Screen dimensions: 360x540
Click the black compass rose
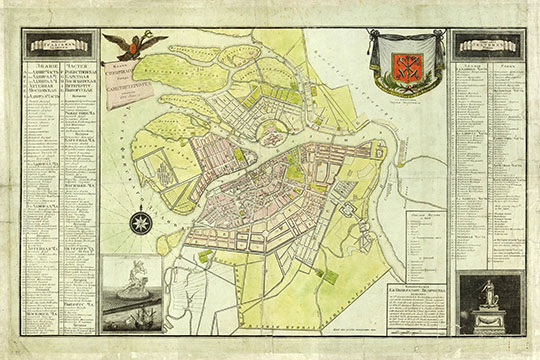[x=141, y=221]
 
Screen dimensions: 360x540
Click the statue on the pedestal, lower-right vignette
[x=487, y=294]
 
